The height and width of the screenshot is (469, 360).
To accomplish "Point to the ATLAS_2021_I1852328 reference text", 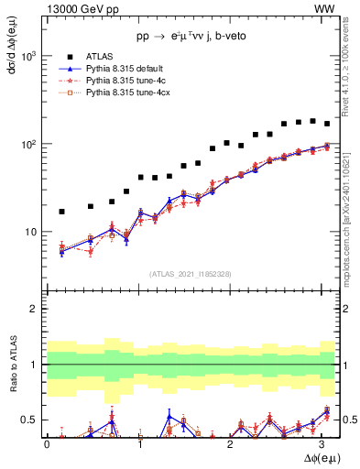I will (x=189, y=274).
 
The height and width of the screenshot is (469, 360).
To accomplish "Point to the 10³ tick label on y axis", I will (x=29, y=56).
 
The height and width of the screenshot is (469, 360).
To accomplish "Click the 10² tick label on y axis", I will (x=29, y=144).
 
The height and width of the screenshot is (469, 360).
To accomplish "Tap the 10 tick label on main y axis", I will (x=31, y=232).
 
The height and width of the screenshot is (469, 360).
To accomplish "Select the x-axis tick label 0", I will (x=47, y=443).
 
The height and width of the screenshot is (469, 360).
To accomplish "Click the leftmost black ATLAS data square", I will (x=61, y=212).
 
